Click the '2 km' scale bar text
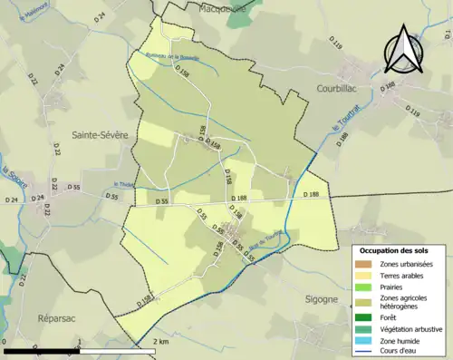pyautogui.click(x=162, y=341)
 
